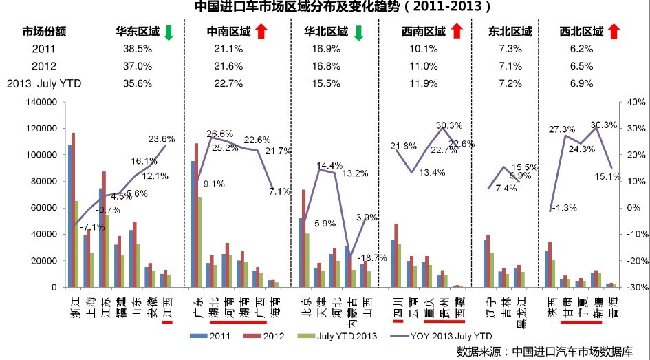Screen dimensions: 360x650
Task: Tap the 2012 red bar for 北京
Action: [303, 238]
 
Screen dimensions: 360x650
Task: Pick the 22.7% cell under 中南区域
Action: [229, 84]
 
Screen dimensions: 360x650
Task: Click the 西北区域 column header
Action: [581, 32]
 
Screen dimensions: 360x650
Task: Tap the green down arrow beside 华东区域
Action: [168, 32]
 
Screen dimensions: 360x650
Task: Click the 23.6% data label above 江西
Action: [162, 138]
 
